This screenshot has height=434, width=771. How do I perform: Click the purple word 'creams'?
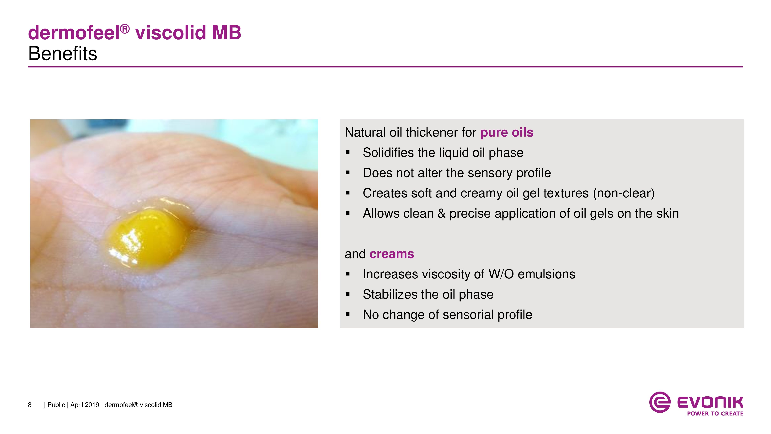392,254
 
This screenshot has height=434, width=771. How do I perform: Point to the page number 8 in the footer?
30,405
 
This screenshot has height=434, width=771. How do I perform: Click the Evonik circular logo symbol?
660,402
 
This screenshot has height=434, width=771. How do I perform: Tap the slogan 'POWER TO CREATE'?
715,414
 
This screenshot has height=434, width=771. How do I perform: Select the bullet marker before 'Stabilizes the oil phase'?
348,294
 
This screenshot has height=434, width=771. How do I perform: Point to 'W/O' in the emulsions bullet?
501,274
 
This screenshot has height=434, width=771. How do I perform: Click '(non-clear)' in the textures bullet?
624,193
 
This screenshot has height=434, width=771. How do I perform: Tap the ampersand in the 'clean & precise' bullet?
441,214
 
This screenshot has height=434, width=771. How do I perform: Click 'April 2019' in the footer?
85,405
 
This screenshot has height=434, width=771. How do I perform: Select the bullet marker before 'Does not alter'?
348,173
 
